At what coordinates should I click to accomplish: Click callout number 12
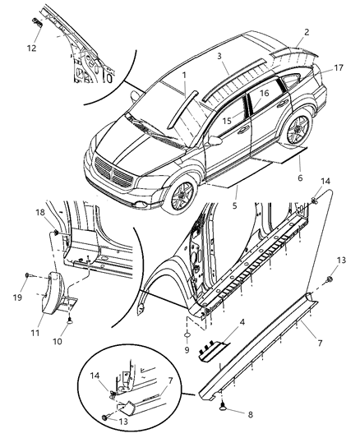pos(31,48)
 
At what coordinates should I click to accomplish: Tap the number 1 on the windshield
pos(185,75)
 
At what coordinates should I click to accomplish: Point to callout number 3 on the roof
pos(220,58)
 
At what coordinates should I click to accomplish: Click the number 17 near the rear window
pos(338,70)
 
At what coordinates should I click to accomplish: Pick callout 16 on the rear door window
pos(265,95)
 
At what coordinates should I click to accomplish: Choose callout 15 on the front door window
pos(224,121)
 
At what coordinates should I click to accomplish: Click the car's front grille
pos(113,173)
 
